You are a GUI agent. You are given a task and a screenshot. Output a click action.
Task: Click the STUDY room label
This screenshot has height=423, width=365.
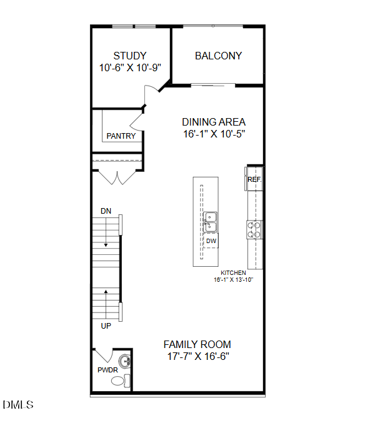coord(130,56)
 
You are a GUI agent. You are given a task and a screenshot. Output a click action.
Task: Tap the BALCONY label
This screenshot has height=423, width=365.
coord(218,56)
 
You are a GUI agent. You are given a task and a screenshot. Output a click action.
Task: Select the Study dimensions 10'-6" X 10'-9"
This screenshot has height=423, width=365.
coord(130,67)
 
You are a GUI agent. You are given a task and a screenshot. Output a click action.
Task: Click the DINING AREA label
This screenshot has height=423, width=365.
coord(214,122)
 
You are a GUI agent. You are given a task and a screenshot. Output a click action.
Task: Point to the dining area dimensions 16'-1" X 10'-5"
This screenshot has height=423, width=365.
coord(214,134)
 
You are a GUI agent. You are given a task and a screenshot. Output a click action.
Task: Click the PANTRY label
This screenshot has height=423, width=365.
coord(121,136)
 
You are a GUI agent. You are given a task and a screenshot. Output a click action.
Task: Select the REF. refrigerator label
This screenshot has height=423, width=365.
coord(254,179)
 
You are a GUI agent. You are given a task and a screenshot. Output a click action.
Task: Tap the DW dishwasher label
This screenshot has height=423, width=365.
coord(211,241)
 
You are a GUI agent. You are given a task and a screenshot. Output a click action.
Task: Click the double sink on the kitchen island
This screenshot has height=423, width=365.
coord(211,219)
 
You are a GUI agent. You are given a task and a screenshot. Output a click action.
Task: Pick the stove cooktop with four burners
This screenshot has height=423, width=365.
coord(254,229)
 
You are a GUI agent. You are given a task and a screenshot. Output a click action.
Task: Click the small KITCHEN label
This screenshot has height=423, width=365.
coord(233,273)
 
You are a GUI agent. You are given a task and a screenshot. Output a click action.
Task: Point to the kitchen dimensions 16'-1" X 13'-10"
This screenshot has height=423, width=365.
coord(233,280)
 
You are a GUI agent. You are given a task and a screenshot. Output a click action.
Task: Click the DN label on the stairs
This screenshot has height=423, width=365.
coord(106,211)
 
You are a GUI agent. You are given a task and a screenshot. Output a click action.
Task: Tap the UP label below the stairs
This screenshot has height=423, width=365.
coord(106,326)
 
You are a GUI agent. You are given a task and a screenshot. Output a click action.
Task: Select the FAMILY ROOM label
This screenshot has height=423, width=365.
coord(197,344)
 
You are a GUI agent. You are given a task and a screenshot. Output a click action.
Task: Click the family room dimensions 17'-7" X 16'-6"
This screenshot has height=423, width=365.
coord(197,357)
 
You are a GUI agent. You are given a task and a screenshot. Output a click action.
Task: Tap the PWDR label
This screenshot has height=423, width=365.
coord(107,371)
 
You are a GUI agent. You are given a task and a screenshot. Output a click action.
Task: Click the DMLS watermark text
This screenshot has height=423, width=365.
coord(18,406)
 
